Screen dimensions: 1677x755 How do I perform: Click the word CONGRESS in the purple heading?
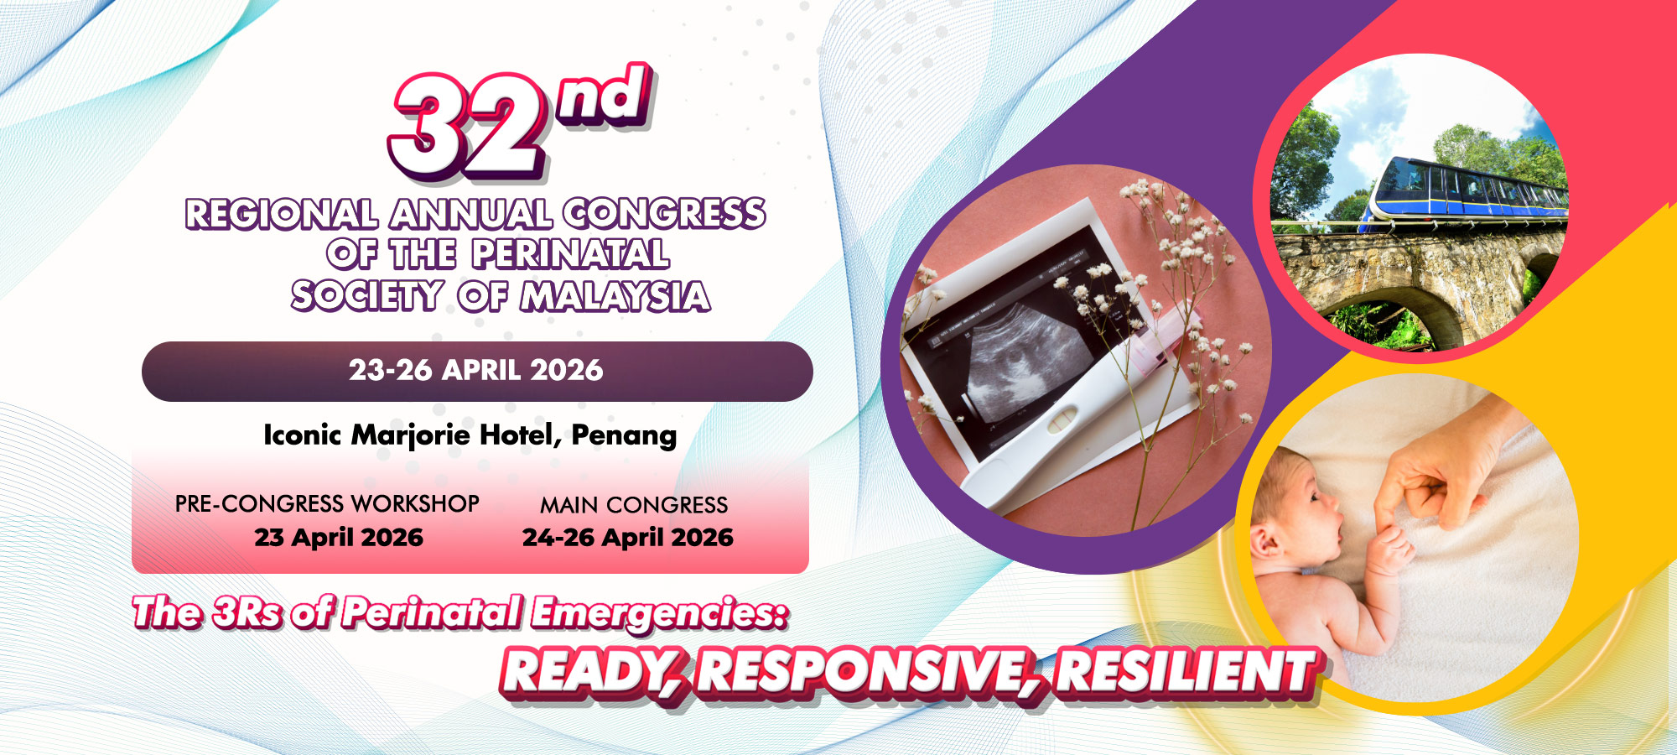664,214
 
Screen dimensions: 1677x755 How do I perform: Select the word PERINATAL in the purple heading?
570,254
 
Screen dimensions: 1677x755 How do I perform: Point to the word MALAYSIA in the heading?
615,296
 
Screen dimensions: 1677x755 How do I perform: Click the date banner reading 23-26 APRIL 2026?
476,371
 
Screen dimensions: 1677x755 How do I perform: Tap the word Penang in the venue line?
624,435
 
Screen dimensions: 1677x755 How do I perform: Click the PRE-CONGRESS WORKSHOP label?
327,503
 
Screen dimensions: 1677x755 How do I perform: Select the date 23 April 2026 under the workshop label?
339,537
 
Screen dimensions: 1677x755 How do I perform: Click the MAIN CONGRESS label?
634,505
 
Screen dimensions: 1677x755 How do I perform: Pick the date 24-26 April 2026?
628,537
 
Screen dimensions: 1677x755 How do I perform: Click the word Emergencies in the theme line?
660,613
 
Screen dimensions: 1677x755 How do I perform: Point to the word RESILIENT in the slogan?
1186,672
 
